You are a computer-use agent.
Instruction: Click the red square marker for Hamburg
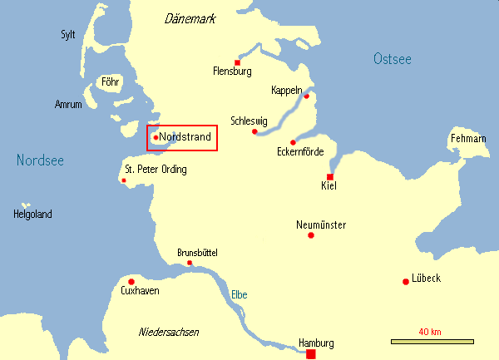pos(311,354)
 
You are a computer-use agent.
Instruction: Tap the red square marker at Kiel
pos(330,177)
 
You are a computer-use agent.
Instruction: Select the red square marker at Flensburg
pos(238,62)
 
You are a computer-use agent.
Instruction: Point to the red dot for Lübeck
pos(405,281)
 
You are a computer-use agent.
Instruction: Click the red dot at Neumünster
pos(311,235)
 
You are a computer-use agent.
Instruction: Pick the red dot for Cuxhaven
pos(131,281)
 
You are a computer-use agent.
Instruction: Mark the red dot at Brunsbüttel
pos(190,263)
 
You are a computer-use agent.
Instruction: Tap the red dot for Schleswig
pos(254,131)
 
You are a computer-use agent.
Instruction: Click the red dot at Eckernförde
pos(293,142)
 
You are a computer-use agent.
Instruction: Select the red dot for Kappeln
pos(305,96)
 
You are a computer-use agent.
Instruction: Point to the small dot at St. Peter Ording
pos(124,180)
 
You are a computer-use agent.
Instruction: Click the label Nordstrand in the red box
pos(185,136)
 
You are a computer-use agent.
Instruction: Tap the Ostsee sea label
pos(392,58)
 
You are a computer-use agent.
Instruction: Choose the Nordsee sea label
pos(40,160)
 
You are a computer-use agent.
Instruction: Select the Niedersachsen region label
pos(168,332)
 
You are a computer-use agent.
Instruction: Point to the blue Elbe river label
pos(239,294)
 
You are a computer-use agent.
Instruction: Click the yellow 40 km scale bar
pos(432,341)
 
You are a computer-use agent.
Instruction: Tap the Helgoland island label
pos(32,215)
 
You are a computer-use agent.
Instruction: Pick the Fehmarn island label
pos(467,138)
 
